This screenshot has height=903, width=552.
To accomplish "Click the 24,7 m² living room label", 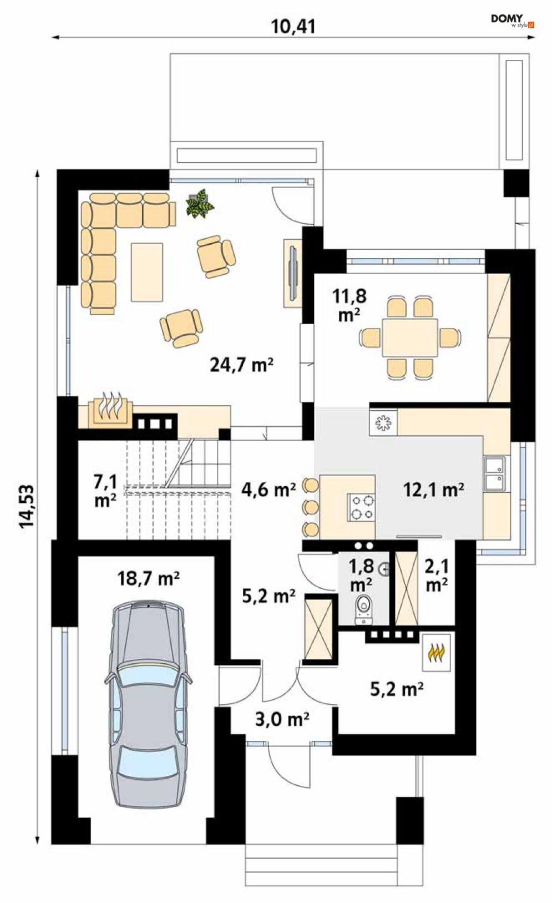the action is point(242,365).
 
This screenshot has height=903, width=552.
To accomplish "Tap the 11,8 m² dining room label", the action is point(350,305).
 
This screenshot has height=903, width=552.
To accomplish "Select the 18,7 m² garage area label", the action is point(148,578).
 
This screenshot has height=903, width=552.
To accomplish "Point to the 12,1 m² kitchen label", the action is point(433,490).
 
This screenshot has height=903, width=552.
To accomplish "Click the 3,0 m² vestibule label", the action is point(282,719).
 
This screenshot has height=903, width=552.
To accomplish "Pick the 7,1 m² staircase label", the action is point(105,491).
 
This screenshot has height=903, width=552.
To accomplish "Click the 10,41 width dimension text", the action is point(293,27).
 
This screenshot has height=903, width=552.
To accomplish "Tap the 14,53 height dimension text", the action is point(27,506).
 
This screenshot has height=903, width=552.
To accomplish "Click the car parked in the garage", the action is point(148,704).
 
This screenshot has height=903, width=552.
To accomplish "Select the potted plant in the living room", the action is point(199,204).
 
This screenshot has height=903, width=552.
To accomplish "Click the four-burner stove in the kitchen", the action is point(361,507).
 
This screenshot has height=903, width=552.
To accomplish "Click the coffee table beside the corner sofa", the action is point(146,272).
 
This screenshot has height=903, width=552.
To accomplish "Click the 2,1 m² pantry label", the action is point(437,575).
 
